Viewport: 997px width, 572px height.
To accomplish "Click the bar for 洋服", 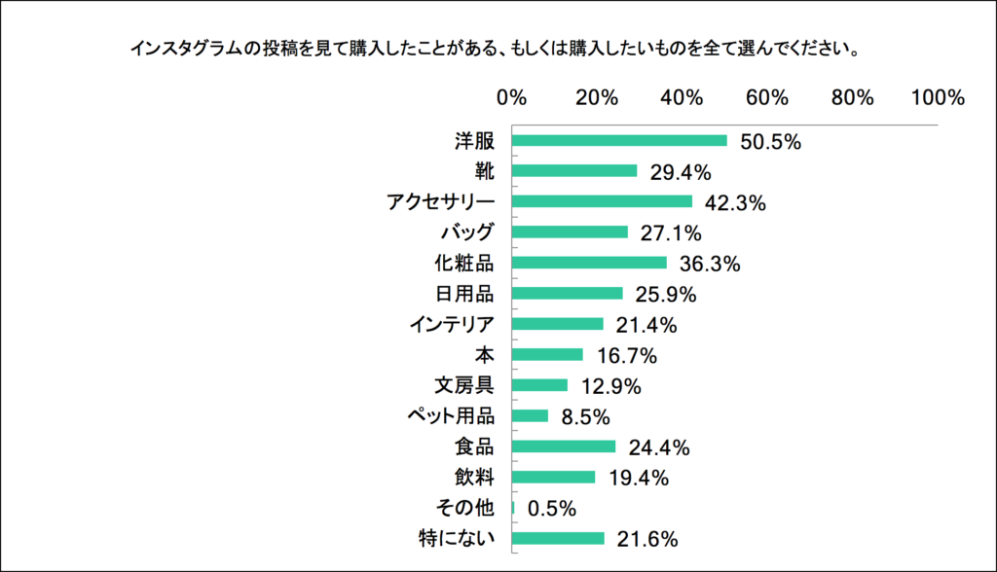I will pyautogui.click(x=619, y=140).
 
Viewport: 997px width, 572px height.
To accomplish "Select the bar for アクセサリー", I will pyautogui.click(x=602, y=201).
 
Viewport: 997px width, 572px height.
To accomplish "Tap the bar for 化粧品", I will pyautogui.click(x=589, y=263).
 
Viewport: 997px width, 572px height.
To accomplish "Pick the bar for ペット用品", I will pyautogui.click(x=530, y=415).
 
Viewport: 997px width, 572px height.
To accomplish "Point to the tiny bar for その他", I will pyautogui.click(x=513, y=507).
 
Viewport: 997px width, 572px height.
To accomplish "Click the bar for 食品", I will pyautogui.click(x=564, y=447).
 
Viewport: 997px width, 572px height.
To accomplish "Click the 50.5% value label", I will pyautogui.click(x=770, y=142).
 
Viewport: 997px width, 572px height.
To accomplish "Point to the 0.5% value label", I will pyautogui.click(x=552, y=508).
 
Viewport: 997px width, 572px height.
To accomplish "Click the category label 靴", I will pyautogui.click(x=484, y=171).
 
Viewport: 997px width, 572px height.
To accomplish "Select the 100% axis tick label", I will pyautogui.click(x=938, y=98).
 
